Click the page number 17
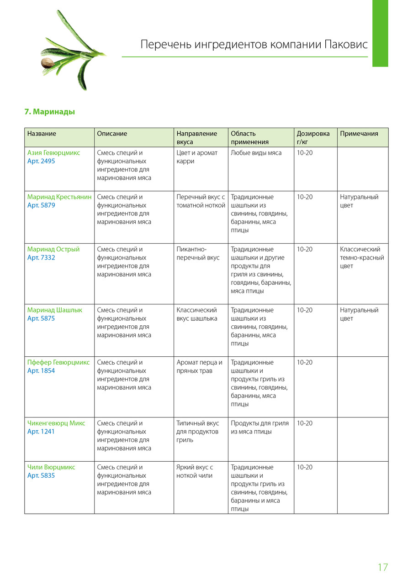(x=382, y=567)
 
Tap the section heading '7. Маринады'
(x=49, y=112)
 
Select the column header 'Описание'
(x=112, y=134)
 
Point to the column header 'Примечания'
(x=359, y=134)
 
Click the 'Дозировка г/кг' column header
(x=313, y=137)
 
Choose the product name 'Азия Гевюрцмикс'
(x=53, y=153)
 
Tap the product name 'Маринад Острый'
(x=53, y=250)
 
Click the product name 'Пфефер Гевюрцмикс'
(x=58, y=362)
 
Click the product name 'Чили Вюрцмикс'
(x=51, y=467)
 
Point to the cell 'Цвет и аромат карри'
(x=197, y=157)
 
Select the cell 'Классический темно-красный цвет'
(x=362, y=258)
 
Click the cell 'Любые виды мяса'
(x=256, y=153)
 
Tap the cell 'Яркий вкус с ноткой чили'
(x=195, y=471)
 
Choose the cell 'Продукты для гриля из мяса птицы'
(x=259, y=427)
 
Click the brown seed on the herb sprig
(x=47, y=63)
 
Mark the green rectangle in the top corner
(x=380, y=33)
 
